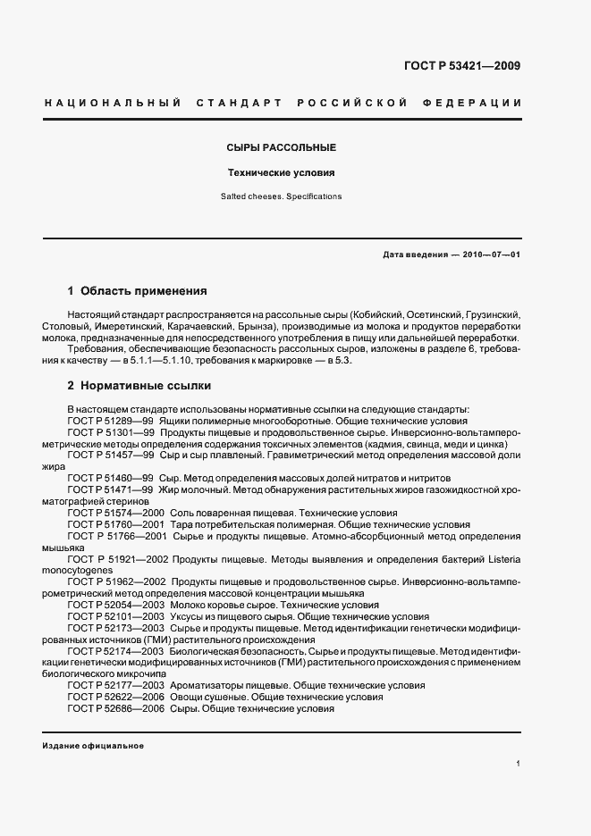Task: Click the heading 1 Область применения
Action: click(138, 291)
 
